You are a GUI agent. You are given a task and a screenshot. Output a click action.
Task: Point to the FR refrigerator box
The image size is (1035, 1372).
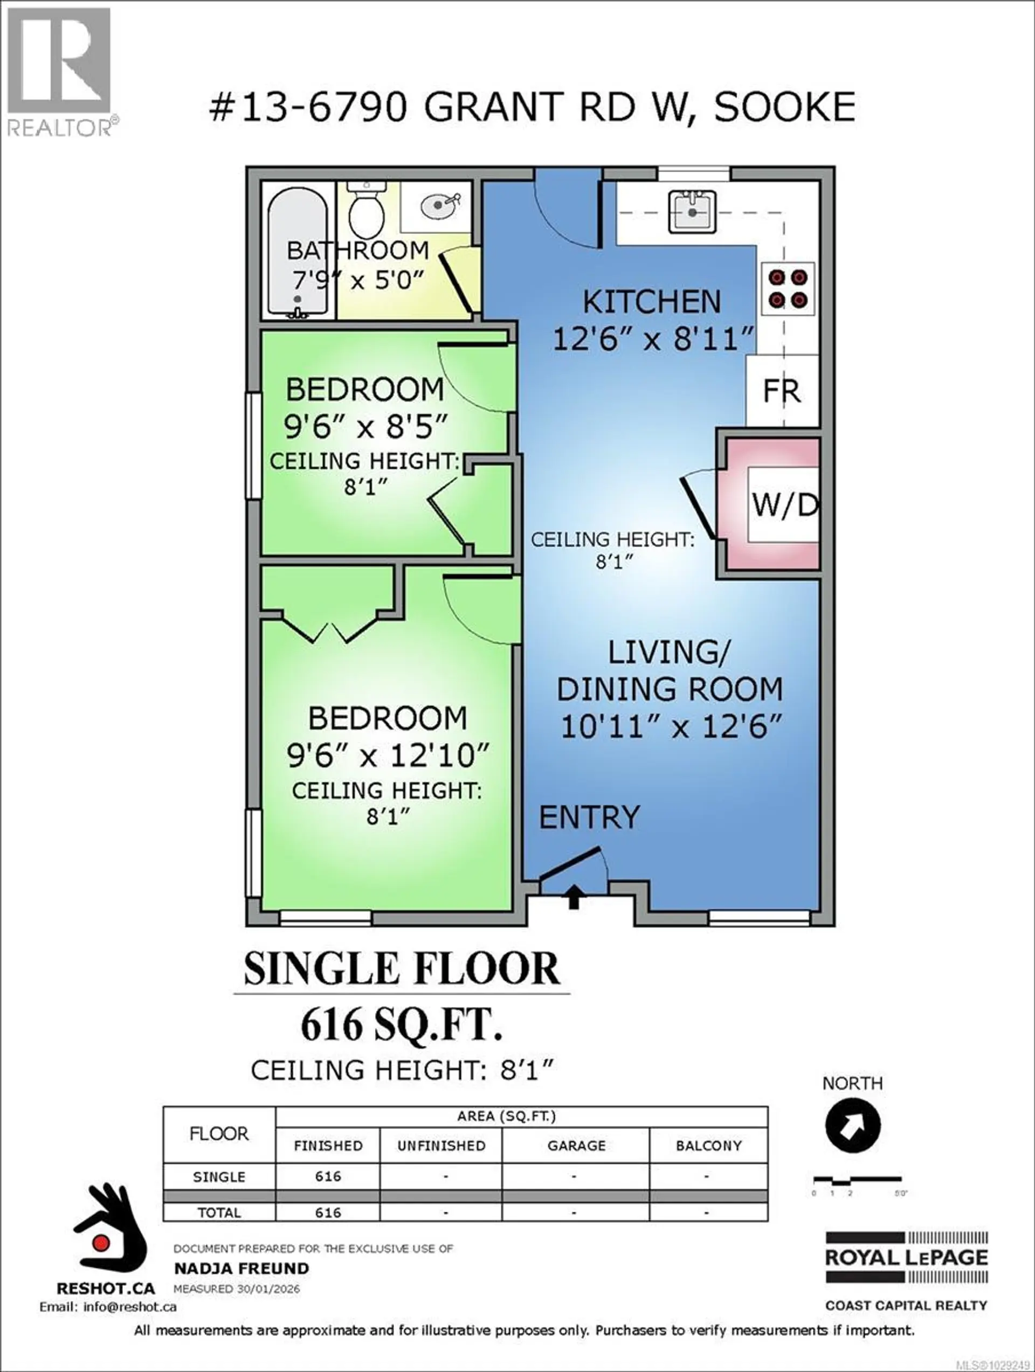pos(782,391)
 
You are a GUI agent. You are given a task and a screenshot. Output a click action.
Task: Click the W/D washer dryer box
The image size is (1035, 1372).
pos(783,505)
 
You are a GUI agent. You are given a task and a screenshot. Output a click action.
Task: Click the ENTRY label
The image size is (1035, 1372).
pos(589,817)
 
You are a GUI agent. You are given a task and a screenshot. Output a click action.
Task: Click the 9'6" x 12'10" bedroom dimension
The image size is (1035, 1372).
pos(388,756)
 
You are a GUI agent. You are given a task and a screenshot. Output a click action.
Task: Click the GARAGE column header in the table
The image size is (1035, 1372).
pos(576,1146)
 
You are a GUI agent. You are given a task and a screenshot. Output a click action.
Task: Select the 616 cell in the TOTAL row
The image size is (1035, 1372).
pos(328,1212)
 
